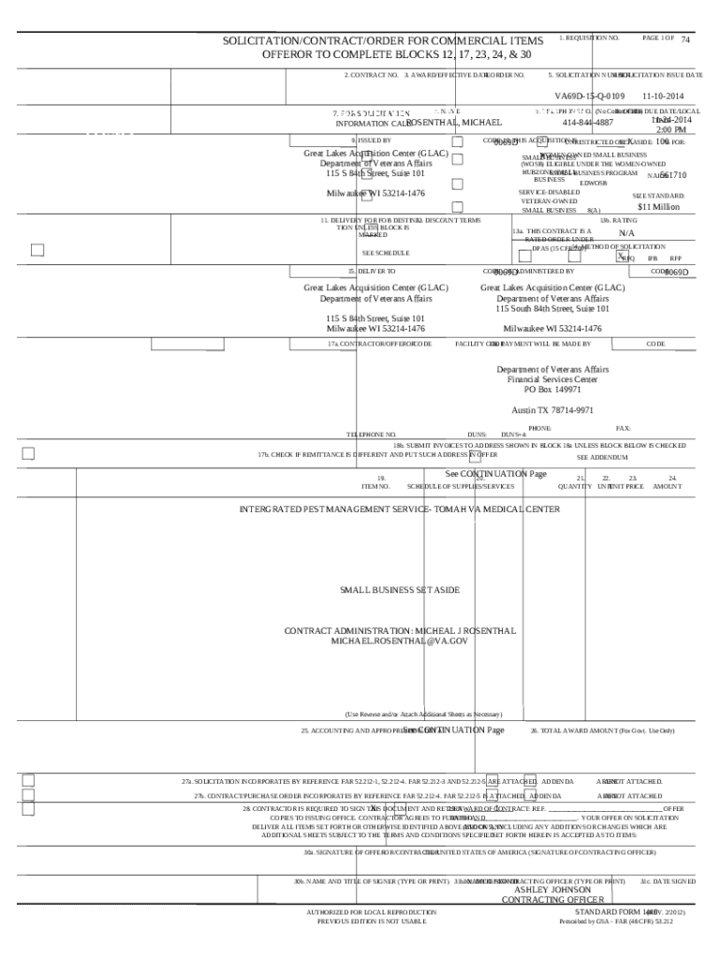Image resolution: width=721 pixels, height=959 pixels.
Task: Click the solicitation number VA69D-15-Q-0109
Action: coord(589,96)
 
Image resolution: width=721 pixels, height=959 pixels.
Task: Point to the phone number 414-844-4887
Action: coord(588,123)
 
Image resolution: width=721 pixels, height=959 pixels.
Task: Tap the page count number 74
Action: coord(685,40)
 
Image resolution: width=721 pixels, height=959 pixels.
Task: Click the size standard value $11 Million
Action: coord(658,207)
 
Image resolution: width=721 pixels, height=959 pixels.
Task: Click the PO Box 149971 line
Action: coord(552,390)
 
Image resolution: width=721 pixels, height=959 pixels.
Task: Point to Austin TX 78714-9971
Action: coord(552,410)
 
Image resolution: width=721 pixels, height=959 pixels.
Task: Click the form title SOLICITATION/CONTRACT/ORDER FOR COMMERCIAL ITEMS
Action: coord(382,42)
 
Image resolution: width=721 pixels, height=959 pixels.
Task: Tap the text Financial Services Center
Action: coord(552,379)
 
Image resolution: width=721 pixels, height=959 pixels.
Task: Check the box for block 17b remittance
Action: coord(28,454)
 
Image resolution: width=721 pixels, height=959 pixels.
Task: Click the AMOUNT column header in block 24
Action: coord(668,486)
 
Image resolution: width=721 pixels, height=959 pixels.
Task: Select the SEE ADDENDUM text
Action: coord(601,457)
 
